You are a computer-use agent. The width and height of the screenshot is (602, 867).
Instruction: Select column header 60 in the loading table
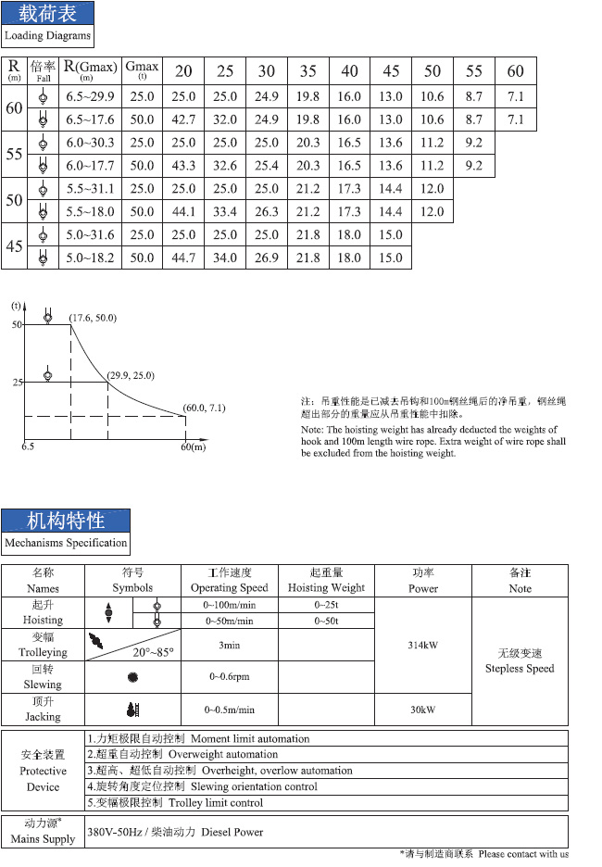[516, 71]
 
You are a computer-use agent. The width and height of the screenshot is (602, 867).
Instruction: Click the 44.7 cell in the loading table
[184, 258]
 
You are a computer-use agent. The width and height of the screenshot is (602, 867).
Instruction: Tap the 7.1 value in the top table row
[516, 96]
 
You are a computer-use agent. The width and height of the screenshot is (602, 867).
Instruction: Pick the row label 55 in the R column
[14, 155]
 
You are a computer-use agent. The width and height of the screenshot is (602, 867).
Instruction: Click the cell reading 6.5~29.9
[90, 96]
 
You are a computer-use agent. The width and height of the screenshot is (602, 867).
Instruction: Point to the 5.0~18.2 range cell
[90, 258]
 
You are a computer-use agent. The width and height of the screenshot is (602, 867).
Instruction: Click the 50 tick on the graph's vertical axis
[17, 325]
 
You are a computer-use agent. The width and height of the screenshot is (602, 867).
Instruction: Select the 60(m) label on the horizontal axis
[192, 447]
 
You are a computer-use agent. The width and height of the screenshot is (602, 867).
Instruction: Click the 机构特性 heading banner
[65, 520]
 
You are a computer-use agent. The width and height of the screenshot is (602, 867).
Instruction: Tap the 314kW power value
[422, 645]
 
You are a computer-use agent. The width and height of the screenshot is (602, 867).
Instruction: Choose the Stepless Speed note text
[520, 668]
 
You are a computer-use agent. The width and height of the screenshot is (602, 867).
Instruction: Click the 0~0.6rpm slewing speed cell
[228, 676]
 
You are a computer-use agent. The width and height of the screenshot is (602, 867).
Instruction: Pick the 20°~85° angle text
[153, 652]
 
